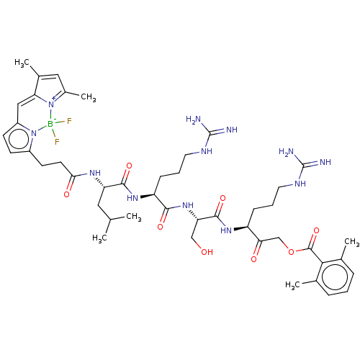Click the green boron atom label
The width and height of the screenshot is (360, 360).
click(x=50, y=124)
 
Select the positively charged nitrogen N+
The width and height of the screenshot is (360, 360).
click(x=52, y=104)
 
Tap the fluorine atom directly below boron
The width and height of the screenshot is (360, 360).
click(x=57, y=142)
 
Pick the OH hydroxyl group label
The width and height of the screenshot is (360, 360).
click(x=207, y=252)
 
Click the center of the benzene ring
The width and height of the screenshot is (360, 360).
click(x=335, y=277)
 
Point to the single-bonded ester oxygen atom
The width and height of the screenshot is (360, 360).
click(x=291, y=252)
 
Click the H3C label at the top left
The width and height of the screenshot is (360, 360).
click(x=22, y=63)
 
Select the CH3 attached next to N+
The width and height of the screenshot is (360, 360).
click(x=89, y=97)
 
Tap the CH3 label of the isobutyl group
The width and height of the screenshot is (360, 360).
click(x=134, y=217)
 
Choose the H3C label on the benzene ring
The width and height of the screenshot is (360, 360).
click(x=292, y=285)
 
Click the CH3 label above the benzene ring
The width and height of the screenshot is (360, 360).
click(x=352, y=242)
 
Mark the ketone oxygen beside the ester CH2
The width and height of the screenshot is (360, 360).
click(x=254, y=259)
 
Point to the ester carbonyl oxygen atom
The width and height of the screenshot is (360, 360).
click(x=316, y=231)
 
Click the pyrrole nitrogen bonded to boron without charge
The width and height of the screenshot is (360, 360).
click(x=34, y=133)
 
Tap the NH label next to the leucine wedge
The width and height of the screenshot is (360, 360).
click(x=95, y=173)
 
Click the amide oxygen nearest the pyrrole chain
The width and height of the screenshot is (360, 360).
click(x=67, y=194)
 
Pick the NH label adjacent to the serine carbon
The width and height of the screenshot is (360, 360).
click(x=188, y=205)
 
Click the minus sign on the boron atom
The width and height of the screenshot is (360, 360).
click(x=55, y=119)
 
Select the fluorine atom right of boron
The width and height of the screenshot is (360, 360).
click(x=69, y=121)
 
